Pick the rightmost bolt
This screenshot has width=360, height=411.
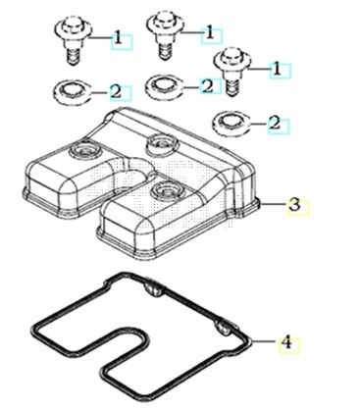(x=231, y=72)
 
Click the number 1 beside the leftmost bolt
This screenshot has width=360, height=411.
(x=118, y=39)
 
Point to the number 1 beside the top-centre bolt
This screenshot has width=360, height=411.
(x=210, y=33)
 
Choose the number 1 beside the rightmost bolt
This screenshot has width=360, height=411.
(x=278, y=70)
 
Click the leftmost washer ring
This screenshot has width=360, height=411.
(x=72, y=91)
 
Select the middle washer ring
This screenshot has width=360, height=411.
(x=164, y=85)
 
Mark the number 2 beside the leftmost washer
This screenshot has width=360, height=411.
(x=116, y=92)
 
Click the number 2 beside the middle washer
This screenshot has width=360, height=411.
(x=208, y=86)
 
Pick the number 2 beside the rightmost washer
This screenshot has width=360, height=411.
(x=275, y=124)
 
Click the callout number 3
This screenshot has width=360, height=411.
(x=294, y=205)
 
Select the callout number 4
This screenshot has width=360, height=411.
(x=286, y=342)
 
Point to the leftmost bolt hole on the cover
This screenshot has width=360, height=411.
(x=83, y=150)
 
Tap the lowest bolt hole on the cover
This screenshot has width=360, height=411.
(x=167, y=190)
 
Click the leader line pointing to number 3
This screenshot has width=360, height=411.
(x=273, y=204)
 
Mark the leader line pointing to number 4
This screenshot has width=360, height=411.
(x=265, y=341)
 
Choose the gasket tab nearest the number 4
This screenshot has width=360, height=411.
(x=225, y=328)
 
